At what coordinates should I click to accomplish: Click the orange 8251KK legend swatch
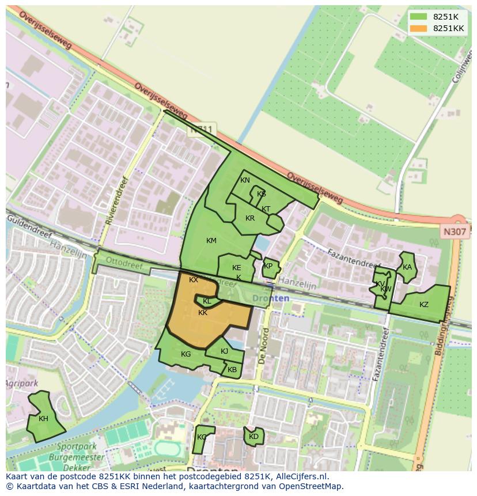419,28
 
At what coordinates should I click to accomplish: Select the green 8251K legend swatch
419,17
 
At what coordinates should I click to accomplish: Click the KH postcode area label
44,419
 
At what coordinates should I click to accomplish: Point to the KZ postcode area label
424,305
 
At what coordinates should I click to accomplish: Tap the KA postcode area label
407,267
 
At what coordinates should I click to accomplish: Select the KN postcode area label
245,180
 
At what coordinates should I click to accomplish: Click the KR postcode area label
250,218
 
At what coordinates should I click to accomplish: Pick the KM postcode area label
211,240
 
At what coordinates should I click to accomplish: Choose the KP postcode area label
268,266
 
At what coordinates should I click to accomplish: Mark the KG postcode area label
185,354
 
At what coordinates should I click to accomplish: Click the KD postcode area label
253,437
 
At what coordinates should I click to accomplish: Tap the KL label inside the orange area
207,301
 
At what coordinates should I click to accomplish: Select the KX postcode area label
194,280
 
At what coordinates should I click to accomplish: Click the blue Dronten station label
271,298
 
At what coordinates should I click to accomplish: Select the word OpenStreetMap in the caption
311,486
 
